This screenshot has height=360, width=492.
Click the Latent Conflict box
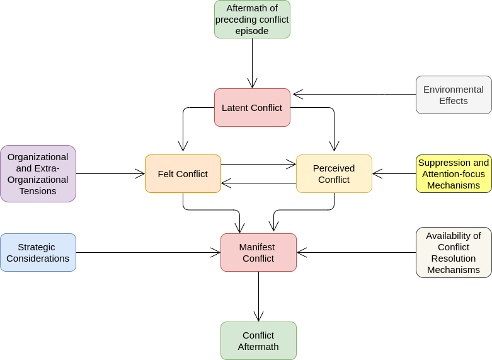coord(252,107)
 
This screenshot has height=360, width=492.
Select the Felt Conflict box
coord(183,174)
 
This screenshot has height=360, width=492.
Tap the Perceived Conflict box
coord(334,174)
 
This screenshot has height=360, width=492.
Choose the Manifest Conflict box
coord(258,253)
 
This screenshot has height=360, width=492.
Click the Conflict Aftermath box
coord(258,341)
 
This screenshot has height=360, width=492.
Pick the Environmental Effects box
coord(454,95)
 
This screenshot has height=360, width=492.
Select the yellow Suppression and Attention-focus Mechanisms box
coord(454,174)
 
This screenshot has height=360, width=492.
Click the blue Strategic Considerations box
coord(38,253)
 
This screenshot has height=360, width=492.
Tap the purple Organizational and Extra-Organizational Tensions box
coord(38,174)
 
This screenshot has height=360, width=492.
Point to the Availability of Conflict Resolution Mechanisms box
coord(454,253)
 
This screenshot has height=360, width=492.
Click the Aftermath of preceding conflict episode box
coord(252,19)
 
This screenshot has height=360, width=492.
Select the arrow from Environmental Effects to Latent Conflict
coord(355,94)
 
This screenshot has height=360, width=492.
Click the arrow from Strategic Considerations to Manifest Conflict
coord(148,253)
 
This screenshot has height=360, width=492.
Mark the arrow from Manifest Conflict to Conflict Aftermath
coord(258,296)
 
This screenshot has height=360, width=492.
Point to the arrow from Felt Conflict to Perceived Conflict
coord(258,165)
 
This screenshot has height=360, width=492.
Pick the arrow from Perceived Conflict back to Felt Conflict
coord(258,183)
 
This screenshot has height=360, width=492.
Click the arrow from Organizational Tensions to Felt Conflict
coord(110,174)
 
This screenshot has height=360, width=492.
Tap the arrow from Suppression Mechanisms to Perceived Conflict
coord(394,174)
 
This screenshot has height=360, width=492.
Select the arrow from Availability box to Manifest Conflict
coord(356,253)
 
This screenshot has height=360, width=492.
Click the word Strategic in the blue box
coord(37,247)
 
